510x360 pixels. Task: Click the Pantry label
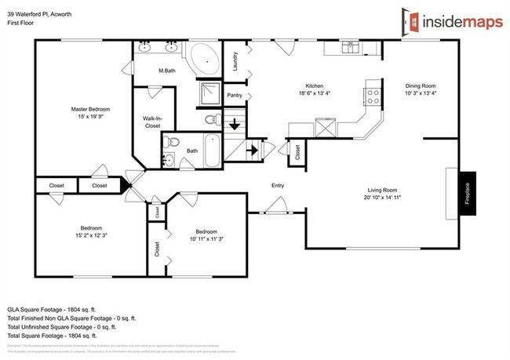[234, 95]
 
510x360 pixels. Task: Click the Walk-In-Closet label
[151, 122]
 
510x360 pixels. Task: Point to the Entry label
[277, 186]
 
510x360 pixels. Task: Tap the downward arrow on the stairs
[234, 125]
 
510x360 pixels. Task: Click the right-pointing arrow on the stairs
[253, 148]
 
